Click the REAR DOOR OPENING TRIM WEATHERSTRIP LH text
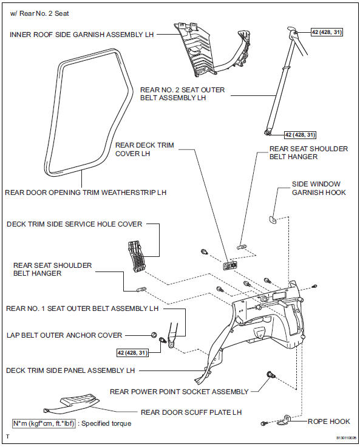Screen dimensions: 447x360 (x=85, y=193)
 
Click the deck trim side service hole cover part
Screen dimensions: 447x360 (x=136, y=258)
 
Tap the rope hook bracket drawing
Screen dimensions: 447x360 (x=287, y=420)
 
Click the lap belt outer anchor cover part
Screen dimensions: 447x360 (x=154, y=335)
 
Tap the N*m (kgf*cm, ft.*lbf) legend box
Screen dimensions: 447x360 (x=44, y=423)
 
